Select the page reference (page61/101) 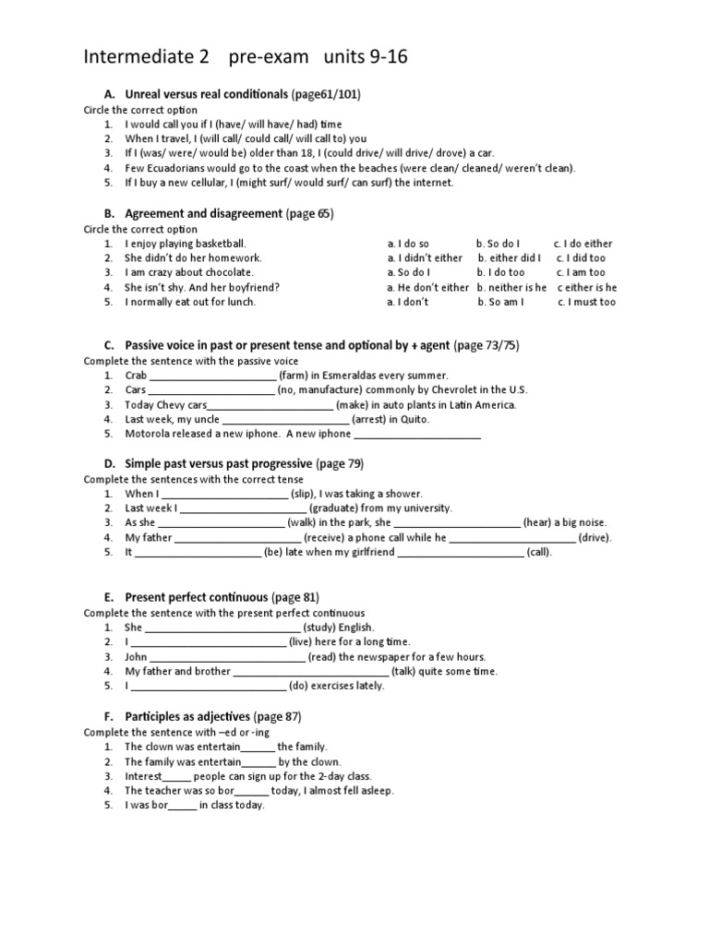click(326, 94)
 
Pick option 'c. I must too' click(586, 302)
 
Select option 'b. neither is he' click(511, 287)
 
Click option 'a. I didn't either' click(425, 258)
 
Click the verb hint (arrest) click(368, 419)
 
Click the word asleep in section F click(373, 790)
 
